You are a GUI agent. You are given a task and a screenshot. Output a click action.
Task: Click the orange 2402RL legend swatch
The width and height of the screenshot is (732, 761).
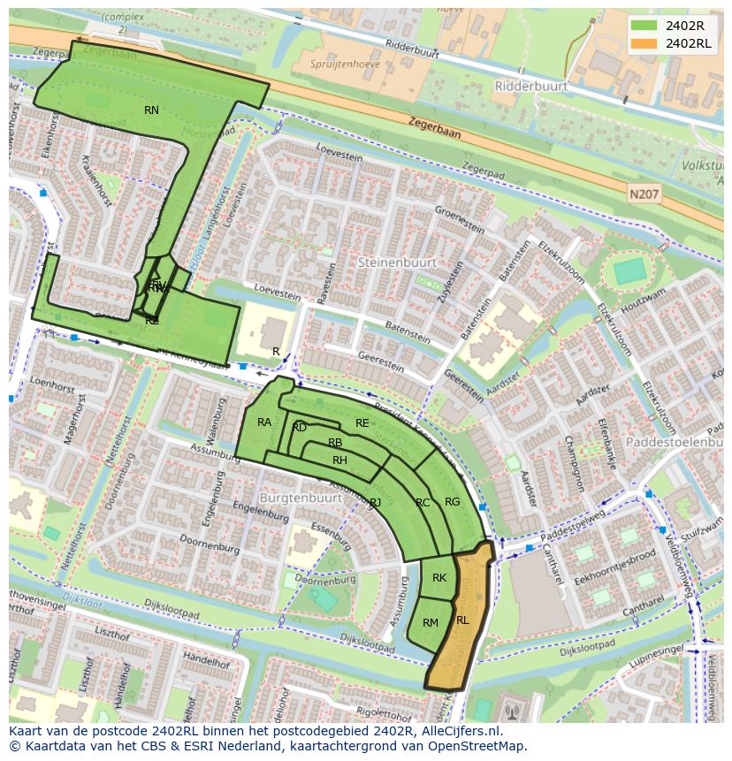pyautogui.click(x=644, y=43)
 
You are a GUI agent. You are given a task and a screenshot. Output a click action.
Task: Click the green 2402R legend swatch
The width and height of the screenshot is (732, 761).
pyautogui.click(x=644, y=26)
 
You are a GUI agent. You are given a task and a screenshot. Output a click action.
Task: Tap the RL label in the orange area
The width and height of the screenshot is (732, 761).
pyautogui.click(x=462, y=620)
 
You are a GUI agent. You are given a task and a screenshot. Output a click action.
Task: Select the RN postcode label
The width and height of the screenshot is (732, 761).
pyautogui.click(x=151, y=110)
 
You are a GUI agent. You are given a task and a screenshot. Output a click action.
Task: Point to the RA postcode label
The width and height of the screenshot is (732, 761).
pyautogui.click(x=264, y=422)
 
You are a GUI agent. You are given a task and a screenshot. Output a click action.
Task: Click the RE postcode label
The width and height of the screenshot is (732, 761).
pyautogui.click(x=362, y=423)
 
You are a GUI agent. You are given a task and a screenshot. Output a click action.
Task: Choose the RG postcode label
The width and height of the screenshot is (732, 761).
pyautogui.click(x=452, y=502)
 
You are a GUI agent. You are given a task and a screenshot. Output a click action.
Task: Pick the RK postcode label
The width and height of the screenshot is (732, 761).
pyautogui.click(x=439, y=578)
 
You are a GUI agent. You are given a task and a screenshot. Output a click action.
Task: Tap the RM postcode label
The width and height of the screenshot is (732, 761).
pyautogui.click(x=431, y=623)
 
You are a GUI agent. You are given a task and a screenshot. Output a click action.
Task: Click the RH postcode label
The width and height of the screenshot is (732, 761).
pyautogui.click(x=339, y=460)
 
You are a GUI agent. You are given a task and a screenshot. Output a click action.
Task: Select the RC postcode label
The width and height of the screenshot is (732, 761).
pyautogui.click(x=423, y=503)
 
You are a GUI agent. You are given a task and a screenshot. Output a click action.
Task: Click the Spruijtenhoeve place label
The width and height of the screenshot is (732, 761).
pyautogui.click(x=346, y=64)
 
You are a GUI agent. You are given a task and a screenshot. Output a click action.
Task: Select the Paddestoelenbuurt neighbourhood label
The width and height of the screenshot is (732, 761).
pyautogui.click(x=675, y=441)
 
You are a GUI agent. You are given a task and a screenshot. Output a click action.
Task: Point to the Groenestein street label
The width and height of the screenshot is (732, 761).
pyautogui.click(x=460, y=218)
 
